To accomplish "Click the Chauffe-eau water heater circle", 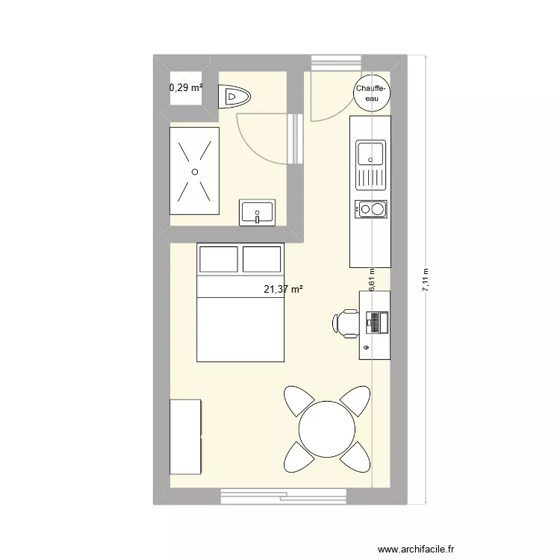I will pyautogui.click(x=370, y=93).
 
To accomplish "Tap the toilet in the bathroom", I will pyautogui.click(x=235, y=96).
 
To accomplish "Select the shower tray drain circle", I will pyautogui.click(x=194, y=172).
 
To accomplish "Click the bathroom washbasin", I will pyautogui.click(x=258, y=211).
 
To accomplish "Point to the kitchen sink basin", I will pyautogui.click(x=370, y=154).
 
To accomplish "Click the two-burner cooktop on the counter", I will pyautogui.click(x=371, y=209).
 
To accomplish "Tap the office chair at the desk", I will pyautogui.click(x=345, y=323).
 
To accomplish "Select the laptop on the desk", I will pyautogui.click(x=376, y=322).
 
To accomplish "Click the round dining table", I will pyautogui.click(x=327, y=429).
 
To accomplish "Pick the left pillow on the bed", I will pyautogui.click(x=218, y=258).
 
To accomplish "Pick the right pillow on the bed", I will pyautogui.click(x=261, y=258).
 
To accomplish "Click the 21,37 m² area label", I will pyautogui.click(x=283, y=290).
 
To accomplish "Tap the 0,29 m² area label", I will pyautogui.click(x=186, y=87).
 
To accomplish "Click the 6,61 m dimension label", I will pyautogui.click(x=371, y=280).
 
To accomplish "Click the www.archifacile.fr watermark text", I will pyautogui.click(x=416, y=549).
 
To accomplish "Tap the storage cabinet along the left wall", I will pyautogui.click(x=186, y=436).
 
